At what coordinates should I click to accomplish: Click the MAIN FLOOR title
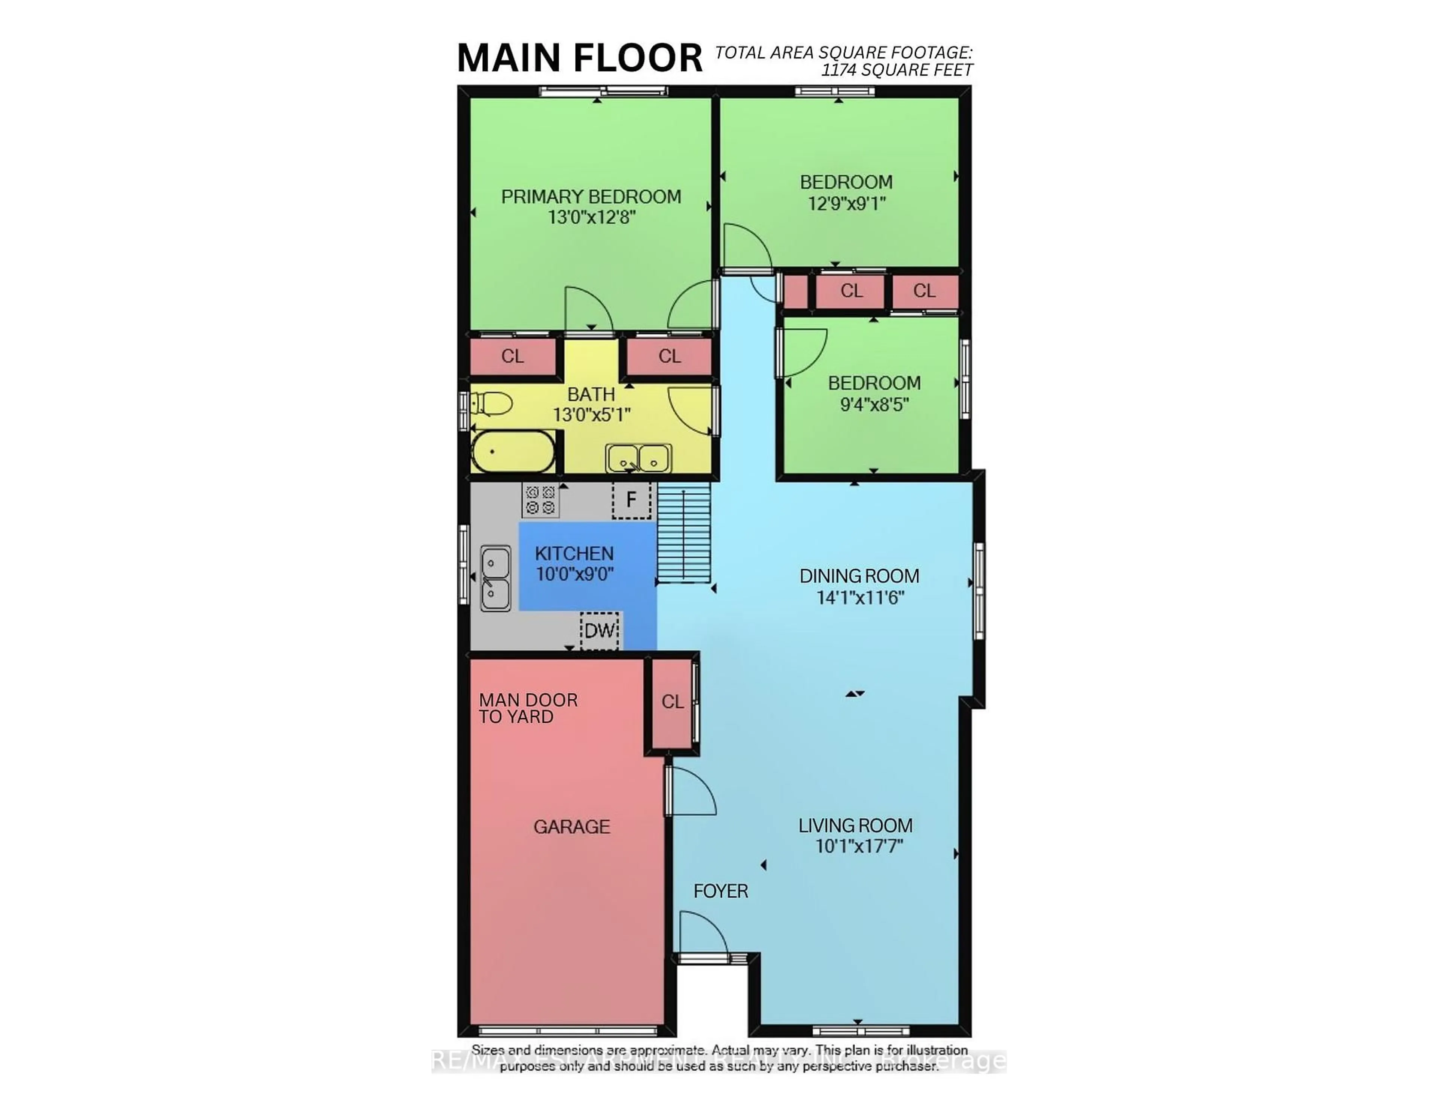tap(579, 58)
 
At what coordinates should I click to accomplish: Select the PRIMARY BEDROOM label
tap(591, 196)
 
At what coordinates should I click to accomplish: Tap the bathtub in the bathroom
tap(513, 452)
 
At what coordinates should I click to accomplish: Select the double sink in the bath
tap(638, 458)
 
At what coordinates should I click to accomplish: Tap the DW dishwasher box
tap(599, 630)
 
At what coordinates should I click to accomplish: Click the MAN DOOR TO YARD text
tap(528, 708)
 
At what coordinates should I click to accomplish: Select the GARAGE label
tap(571, 826)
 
